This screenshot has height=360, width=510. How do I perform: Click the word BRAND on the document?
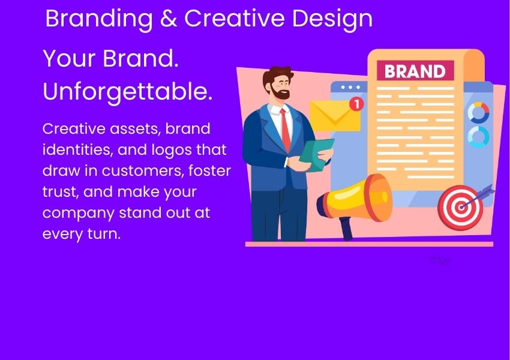tap(415, 71)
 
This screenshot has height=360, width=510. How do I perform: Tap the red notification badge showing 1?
tap(356, 104)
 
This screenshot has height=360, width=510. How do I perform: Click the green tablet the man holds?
tap(316, 154)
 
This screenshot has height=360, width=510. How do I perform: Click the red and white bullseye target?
tap(460, 208)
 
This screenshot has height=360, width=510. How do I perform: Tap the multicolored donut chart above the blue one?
tap(478, 112)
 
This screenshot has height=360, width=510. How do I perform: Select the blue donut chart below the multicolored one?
tap(478, 137)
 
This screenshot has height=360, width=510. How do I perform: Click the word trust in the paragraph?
tap(60, 192)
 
